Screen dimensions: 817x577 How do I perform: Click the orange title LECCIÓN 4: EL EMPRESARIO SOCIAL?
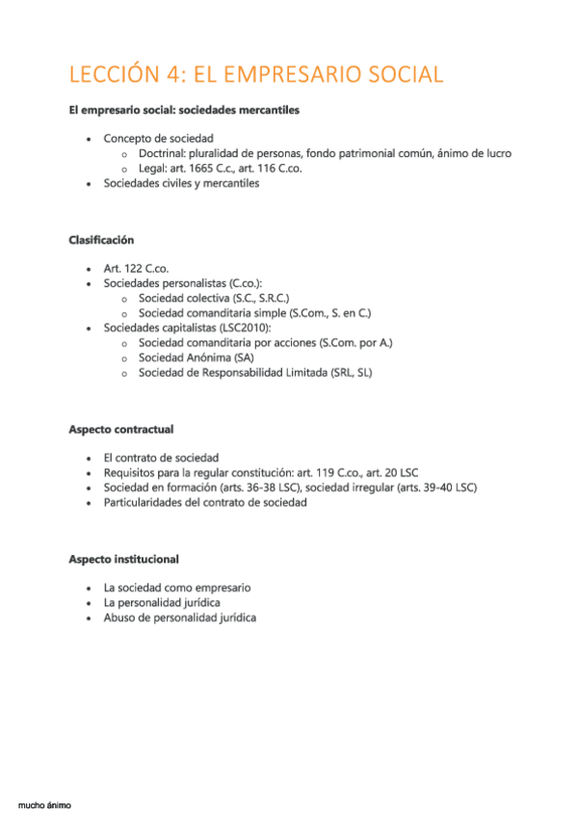(x=256, y=74)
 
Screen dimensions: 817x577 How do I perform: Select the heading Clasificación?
(x=101, y=240)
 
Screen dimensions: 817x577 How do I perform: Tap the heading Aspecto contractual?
(x=121, y=428)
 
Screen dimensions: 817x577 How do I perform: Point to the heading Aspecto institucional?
(x=123, y=559)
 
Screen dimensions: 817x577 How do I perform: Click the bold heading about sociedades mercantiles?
(x=184, y=111)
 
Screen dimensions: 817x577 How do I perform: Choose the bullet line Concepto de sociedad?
(x=158, y=138)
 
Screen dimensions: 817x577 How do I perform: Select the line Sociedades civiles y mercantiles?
(x=181, y=184)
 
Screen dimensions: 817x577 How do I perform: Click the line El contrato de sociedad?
(x=161, y=458)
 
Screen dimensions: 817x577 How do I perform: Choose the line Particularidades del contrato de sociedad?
(x=205, y=502)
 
